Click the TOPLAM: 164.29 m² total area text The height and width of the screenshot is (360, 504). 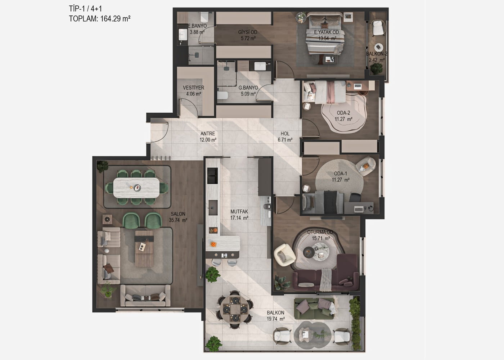coord(100,18)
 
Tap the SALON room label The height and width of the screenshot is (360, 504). coord(178,214)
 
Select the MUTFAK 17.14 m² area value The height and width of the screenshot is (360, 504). coord(239,218)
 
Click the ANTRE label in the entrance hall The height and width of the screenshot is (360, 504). coord(208,134)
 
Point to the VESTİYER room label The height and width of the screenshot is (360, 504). coord(194,87)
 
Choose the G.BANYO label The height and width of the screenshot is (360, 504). coord(248,87)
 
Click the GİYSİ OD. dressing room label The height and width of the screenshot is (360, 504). coord(248,32)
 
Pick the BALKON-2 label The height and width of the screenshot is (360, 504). coord(377,54)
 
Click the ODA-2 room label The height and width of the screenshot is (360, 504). coord(343,113)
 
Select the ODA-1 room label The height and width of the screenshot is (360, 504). coord(341,174)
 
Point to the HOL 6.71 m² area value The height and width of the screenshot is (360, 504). coord(285,140)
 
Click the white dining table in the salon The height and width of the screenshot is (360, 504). coord(136,188)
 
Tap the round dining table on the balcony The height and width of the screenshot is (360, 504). coord(235,309)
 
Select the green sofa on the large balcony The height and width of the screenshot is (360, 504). coord(315,309)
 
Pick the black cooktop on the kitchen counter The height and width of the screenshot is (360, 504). coord(212,176)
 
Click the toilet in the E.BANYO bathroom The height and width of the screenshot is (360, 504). coord(204,17)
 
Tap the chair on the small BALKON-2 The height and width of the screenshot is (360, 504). coord(378,28)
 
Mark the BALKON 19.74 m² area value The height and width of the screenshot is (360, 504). coord(276,319)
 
